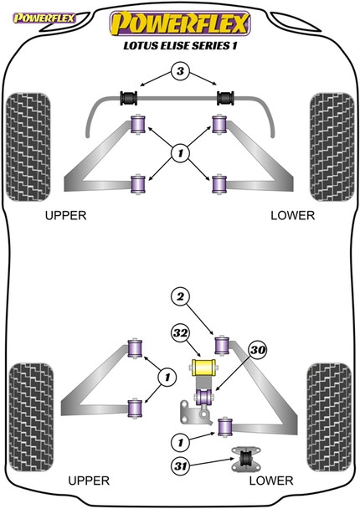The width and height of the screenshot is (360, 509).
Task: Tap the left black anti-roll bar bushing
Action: (131, 98)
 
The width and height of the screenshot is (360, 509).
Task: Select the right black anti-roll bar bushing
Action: (224, 98)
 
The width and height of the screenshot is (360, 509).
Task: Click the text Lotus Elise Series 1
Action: (181, 46)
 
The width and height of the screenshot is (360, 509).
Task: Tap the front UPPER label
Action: (65, 215)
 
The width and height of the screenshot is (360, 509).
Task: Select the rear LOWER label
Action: (270, 481)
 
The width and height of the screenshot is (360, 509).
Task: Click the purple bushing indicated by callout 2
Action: (224, 344)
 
